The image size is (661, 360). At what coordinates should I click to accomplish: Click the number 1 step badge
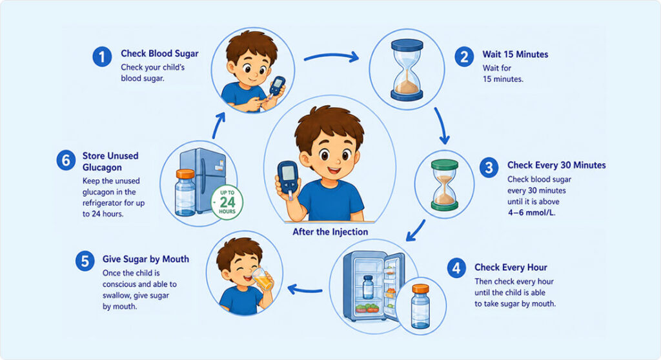click(x=102, y=57)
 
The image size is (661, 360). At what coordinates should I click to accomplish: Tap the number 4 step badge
click(x=456, y=268)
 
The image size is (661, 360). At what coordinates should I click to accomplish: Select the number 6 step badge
click(x=66, y=160)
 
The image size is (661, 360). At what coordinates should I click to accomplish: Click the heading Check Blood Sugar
click(x=159, y=54)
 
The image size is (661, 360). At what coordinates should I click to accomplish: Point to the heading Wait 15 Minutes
click(x=515, y=54)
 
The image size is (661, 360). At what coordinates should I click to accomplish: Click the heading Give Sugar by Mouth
click(x=146, y=259)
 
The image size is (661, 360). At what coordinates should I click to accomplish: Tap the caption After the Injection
click(x=330, y=232)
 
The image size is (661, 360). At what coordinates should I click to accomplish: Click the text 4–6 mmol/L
click(x=532, y=212)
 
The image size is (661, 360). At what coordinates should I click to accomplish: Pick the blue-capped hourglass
click(x=407, y=70)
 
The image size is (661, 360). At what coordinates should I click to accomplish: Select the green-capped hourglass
click(x=444, y=185)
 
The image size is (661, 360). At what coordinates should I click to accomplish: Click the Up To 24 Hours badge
click(x=227, y=203)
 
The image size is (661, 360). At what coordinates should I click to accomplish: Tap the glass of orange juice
click(x=263, y=279)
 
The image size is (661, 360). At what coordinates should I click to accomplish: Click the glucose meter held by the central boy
click(x=288, y=179)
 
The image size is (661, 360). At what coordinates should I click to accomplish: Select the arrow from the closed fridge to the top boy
click(x=218, y=125)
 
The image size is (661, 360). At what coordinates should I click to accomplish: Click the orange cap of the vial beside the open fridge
click(x=420, y=289)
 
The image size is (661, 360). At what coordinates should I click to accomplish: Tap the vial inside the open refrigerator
click(x=368, y=287)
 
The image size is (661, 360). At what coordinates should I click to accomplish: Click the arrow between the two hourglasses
click(x=442, y=126)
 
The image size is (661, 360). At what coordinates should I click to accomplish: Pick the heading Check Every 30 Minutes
click(x=556, y=165)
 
